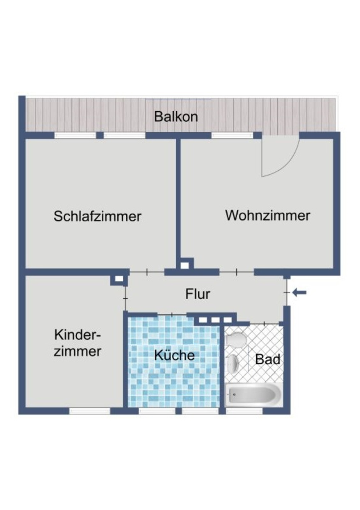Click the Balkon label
tap(176, 117)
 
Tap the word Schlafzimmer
tap(97, 216)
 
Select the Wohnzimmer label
tap(267, 215)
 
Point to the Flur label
tap(198, 294)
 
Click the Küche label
tap(175, 355)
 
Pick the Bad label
tap(267, 359)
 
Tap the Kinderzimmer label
tap(77, 343)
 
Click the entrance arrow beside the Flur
tap(299, 292)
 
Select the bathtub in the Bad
tap(253, 394)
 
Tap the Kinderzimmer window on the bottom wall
tap(90, 411)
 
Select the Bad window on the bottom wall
tap(244, 411)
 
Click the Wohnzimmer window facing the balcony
tap(232, 135)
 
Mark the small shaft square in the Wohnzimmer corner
tap(185, 265)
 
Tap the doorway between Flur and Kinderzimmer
tap(126, 298)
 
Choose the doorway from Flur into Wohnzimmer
tap(237, 272)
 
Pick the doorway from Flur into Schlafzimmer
tap(147, 272)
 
